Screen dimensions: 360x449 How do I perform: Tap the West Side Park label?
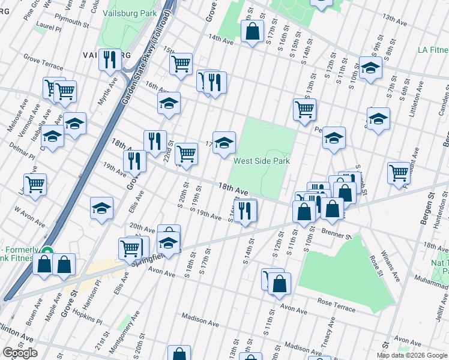click(261, 161)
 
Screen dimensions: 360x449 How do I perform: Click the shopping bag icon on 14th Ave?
click(253, 31)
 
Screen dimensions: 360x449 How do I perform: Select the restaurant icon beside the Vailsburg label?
click(110, 59)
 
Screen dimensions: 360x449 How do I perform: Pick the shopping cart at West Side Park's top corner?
click(305, 109)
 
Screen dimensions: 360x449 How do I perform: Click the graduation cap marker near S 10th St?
click(334, 138)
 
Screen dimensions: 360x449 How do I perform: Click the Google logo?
click(20, 353)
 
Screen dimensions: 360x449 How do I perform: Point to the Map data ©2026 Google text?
click(412, 355)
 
